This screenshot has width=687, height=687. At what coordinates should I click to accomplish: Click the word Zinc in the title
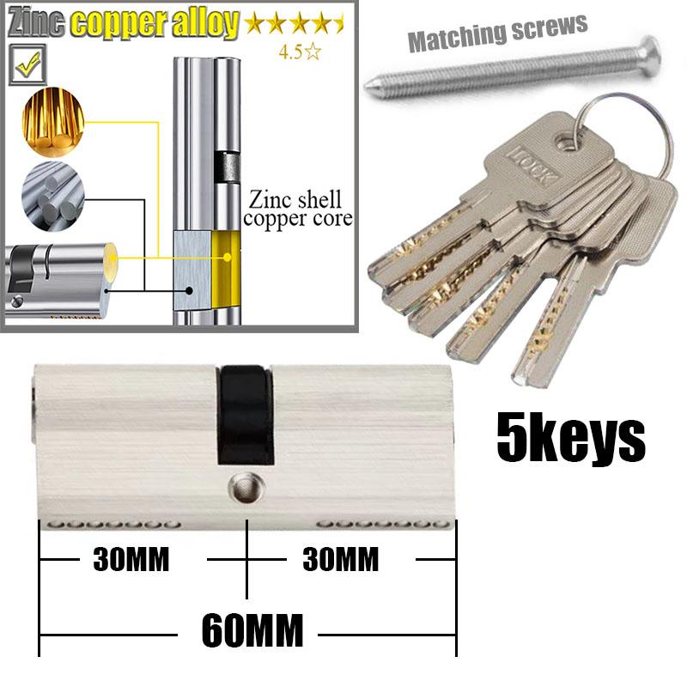pyautogui.click(x=36, y=23)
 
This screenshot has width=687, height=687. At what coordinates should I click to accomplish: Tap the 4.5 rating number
pyautogui.click(x=291, y=52)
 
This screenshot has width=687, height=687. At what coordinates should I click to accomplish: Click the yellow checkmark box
pyautogui.click(x=27, y=64)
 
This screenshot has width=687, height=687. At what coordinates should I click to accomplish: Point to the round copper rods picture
pyautogui.click(x=52, y=122)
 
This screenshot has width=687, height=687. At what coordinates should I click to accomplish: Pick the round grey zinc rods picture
pyautogui.click(x=52, y=196)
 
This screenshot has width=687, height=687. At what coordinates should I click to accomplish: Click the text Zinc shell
pyautogui.click(x=295, y=200)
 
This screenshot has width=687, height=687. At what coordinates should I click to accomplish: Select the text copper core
pyautogui.click(x=298, y=219)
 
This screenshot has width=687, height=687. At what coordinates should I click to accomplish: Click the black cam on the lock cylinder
pyautogui.click(x=246, y=415)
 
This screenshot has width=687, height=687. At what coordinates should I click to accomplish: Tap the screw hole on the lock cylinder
pyautogui.click(x=246, y=488)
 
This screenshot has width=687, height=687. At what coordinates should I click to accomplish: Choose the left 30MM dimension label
pyautogui.click(x=131, y=560)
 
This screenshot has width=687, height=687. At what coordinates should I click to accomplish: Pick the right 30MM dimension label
pyautogui.click(x=340, y=560)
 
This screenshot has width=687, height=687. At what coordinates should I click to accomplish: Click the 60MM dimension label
pyautogui.click(x=252, y=630)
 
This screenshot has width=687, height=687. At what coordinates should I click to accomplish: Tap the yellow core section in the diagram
pyautogui.click(x=226, y=270)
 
